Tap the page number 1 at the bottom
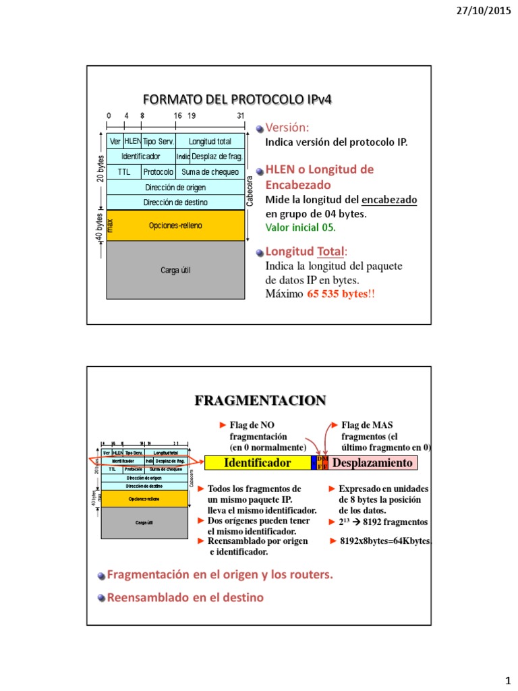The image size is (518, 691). (508, 678)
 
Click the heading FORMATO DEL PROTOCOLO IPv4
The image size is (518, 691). (238, 99)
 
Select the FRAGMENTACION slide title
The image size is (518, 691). (260, 401)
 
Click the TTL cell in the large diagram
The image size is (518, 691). (124, 171)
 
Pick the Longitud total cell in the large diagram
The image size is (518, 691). (210, 142)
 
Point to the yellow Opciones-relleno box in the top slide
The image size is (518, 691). (175, 225)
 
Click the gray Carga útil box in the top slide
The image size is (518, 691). (175, 270)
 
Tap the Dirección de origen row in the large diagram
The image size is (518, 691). (175, 187)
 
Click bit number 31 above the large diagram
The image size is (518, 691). (241, 116)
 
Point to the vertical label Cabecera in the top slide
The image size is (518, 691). (250, 191)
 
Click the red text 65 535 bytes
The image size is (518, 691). (341, 294)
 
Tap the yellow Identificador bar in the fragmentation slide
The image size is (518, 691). (257, 463)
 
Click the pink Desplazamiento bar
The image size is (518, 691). (372, 463)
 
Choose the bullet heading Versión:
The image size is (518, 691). (287, 128)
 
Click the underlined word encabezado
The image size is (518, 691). (389, 200)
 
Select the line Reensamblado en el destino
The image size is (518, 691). (185, 597)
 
